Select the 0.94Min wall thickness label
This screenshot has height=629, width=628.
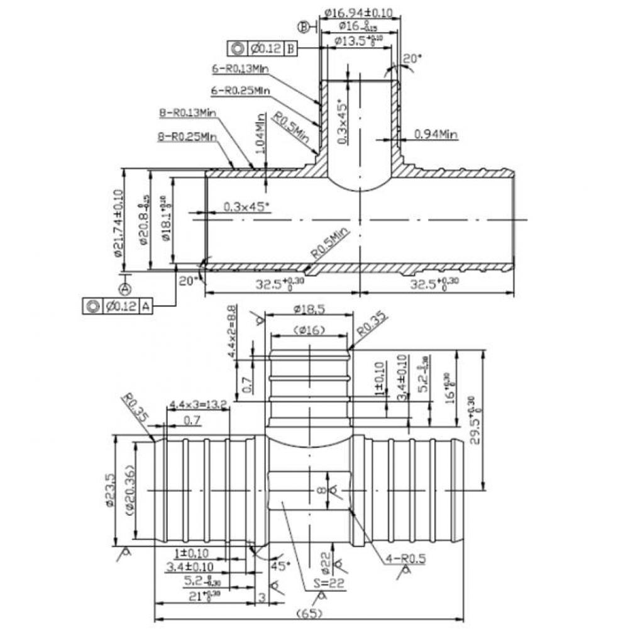click(x=436, y=134)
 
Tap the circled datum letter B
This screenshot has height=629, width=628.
click(x=304, y=26)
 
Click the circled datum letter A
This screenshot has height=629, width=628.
click(x=126, y=288)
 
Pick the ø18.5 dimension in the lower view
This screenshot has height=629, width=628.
click(x=309, y=309)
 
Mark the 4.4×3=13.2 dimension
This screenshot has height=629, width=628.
click(x=198, y=406)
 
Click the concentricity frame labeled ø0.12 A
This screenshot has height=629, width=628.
click(x=118, y=306)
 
